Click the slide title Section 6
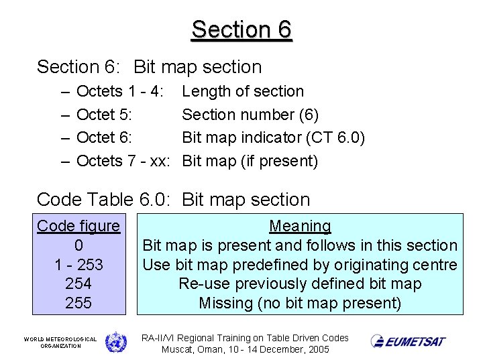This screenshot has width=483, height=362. pos(241,29)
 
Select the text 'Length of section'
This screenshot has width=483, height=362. pos(243,91)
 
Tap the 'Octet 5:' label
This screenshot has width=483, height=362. pos(104,115)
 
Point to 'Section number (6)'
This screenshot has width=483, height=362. pos(250,115)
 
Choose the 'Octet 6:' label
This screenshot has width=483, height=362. pos(104,138)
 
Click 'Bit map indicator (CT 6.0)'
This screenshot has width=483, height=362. pos(274,138)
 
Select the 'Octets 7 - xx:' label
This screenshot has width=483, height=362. pos(122,161)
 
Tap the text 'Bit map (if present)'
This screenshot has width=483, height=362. pos(250,161)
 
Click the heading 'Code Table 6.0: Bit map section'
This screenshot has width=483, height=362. pos(173,200)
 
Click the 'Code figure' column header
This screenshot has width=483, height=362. pos(78,226)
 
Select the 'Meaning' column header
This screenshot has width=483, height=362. pos(300,227)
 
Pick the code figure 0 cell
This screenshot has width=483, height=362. pos(78,245)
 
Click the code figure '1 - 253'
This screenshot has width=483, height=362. pos(78,265)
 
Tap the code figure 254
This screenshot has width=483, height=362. pos(78,284)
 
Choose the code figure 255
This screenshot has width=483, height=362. pos(78,303)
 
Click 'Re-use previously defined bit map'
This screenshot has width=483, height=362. pos(300,284)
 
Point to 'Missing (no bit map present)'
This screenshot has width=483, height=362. pos(300,303)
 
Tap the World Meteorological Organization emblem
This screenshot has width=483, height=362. pos(115,341)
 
